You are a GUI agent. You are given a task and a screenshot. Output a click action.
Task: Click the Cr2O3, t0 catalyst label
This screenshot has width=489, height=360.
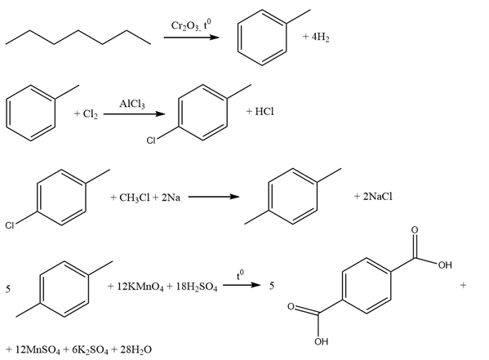click(191, 25)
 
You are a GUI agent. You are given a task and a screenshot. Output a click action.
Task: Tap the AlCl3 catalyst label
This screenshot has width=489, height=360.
click(132, 104)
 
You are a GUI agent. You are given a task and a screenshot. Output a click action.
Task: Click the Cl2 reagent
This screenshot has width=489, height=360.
click(91, 113)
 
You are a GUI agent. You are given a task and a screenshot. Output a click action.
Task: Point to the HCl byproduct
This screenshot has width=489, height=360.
click(265, 111)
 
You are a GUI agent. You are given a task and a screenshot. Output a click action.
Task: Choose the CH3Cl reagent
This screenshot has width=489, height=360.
click(135, 198)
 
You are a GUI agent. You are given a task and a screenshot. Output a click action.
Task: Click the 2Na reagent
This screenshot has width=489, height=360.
click(171, 198)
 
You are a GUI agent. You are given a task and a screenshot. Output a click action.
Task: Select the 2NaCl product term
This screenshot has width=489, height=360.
click(378, 196)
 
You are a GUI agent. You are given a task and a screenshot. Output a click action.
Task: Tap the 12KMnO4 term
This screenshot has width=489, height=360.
click(140, 287)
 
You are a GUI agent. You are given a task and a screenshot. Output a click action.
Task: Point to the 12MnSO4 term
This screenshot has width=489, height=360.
click(38, 350)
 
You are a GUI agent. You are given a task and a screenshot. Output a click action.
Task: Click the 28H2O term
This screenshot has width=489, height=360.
click(136, 350)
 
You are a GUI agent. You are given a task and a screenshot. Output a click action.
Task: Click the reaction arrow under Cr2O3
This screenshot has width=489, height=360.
click(192, 38)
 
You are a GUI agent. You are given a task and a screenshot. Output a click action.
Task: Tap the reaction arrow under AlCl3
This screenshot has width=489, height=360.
click(135, 113)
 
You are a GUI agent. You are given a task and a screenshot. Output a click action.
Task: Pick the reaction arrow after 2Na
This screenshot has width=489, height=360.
click(214, 197)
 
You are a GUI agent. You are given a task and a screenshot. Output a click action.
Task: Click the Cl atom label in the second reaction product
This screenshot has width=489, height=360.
click(151, 140)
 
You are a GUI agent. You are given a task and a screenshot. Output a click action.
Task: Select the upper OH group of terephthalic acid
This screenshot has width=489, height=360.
click(445, 265)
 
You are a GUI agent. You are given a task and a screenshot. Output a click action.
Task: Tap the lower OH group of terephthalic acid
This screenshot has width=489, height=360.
click(321, 341)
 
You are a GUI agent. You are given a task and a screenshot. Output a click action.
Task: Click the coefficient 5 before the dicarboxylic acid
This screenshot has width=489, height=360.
click(272, 286)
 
